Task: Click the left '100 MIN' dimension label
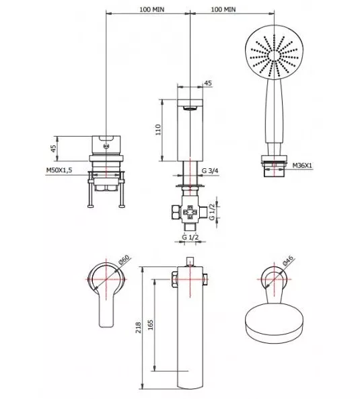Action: [152, 9]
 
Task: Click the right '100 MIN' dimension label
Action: [223, 9]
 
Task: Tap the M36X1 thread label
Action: [302, 166]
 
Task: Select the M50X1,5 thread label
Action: [59, 170]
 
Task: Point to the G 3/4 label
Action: [210, 170]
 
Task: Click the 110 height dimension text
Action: [158, 129]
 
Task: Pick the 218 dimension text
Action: [138, 328]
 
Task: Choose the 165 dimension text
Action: [150, 325]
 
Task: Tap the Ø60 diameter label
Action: [124, 260]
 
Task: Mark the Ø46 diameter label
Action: [288, 261]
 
